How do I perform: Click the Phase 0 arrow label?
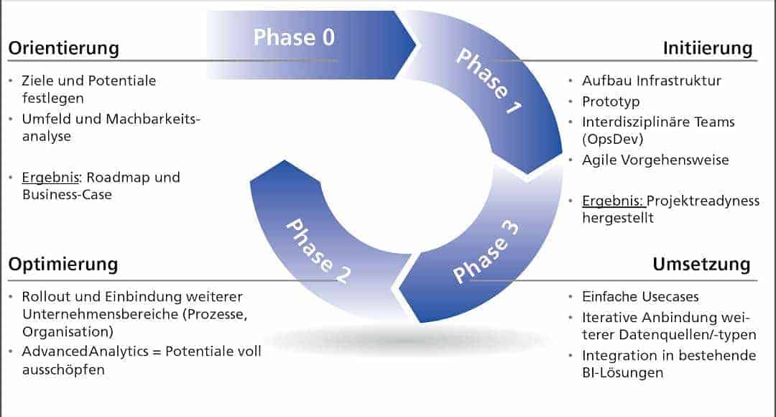click(x=294, y=37)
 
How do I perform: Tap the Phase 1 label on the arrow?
click(x=488, y=83)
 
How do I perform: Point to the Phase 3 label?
click(x=486, y=253)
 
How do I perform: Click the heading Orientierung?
click(x=63, y=48)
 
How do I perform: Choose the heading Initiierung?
click(x=707, y=48)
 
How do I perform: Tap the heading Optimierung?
click(x=63, y=264)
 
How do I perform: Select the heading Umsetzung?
click(x=701, y=264)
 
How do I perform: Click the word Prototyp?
click(x=611, y=102)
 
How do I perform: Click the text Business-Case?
click(x=68, y=194)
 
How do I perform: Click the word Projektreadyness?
click(x=704, y=201)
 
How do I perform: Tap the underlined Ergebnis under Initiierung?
click(x=612, y=201)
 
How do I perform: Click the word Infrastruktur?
click(x=678, y=81)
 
